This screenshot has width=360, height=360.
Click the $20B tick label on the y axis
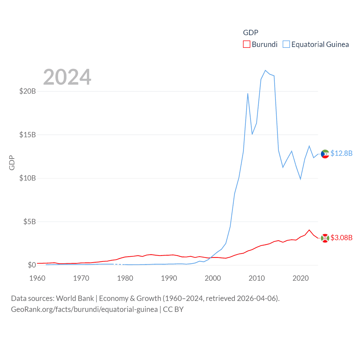[x=28, y=91]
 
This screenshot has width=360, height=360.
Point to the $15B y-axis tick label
[x=28, y=135]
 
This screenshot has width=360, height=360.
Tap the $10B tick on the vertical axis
[x=28, y=178]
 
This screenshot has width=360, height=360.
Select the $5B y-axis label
[x=30, y=222]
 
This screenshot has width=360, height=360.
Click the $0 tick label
[x=32, y=265]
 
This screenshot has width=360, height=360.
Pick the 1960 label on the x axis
[x=37, y=278]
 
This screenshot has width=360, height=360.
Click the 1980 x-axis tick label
[x=125, y=278]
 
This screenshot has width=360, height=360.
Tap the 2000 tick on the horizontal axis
[x=213, y=278]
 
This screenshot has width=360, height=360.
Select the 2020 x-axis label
[x=301, y=278]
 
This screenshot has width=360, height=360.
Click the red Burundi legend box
[x=247, y=44]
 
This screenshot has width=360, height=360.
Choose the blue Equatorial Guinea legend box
[x=286, y=44]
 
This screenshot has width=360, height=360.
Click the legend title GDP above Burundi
[x=251, y=33]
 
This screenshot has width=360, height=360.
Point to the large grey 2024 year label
[x=67, y=77]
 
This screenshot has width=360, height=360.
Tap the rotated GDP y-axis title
[x=12, y=163]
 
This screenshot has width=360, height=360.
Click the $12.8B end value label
[x=341, y=153]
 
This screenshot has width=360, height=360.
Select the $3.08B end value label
[x=341, y=238]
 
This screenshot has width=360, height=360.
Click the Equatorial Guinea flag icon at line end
[x=325, y=154]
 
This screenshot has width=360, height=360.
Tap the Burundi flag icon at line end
[x=325, y=238]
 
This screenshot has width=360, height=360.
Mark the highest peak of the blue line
[x=265, y=70]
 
